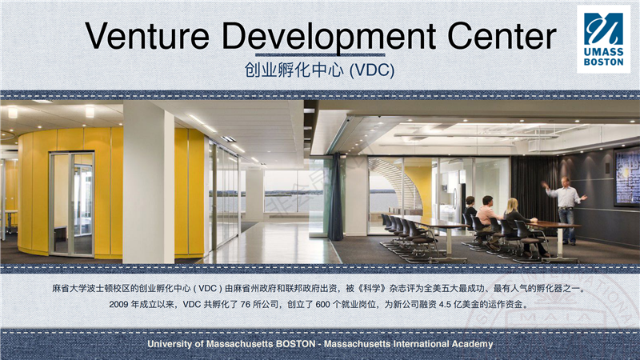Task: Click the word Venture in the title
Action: tap(147, 35)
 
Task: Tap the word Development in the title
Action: tap(329, 38)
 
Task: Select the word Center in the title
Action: tap(502, 35)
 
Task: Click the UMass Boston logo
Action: tap(603, 39)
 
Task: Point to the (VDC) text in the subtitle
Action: tap(372, 70)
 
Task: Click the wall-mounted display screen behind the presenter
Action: tap(627, 176)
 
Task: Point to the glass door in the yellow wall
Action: tap(71, 204)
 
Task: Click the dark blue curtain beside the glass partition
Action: tap(336, 197)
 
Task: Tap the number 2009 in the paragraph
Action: tap(118, 305)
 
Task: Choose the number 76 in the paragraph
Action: tap(245, 305)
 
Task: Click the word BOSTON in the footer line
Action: tap(295, 344)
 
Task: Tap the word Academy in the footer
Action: tap(472, 345)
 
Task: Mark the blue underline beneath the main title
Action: tap(320, 54)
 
